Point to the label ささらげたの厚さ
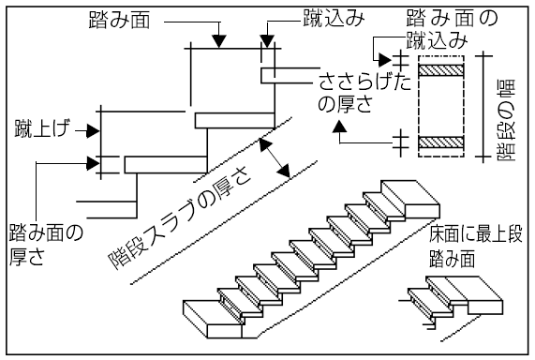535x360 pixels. click(351, 91)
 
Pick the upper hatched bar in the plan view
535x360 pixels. click(442, 70)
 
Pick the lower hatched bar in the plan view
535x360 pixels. click(442, 142)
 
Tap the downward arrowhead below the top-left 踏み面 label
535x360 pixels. click(218, 40)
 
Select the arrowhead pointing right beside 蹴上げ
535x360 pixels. click(93, 128)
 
